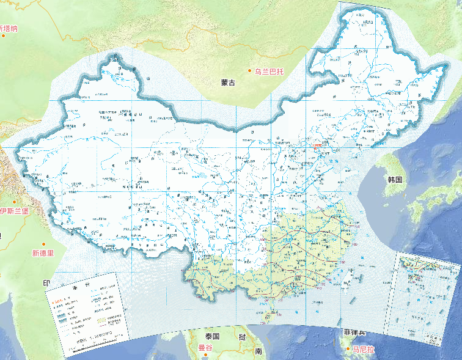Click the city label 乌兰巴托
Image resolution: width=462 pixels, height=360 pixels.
(x=269, y=72)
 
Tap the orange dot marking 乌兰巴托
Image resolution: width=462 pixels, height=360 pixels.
(x=249, y=72)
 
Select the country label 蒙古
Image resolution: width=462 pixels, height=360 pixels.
(x=228, y=83)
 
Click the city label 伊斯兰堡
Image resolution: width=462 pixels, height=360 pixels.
(x=13, y=211)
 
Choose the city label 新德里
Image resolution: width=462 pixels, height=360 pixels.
(x=43, y=252)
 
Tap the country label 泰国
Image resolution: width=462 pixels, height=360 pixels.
(x=212, y=337)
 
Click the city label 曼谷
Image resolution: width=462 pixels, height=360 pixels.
(x=205, y=348)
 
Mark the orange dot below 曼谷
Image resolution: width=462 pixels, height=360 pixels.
(x=205, y=356)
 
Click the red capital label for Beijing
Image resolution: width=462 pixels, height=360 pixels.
(x=317, y=146)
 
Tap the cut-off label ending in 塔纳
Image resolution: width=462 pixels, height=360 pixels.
(x=9, y=28)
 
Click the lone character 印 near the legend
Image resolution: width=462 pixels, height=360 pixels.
(x=45, y=284)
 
